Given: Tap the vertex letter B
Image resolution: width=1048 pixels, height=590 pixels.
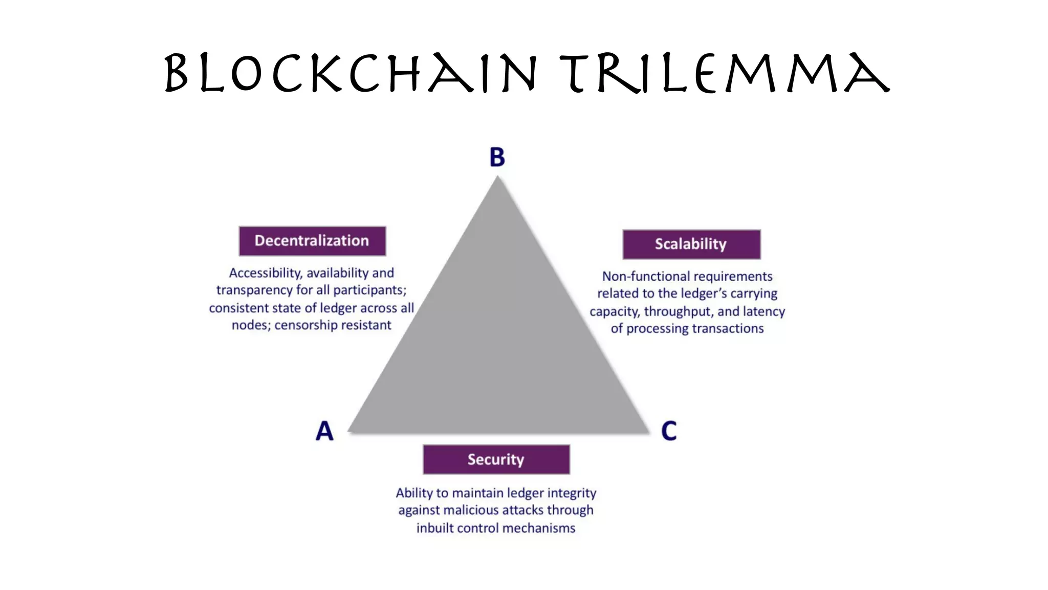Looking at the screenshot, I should coord(497,157).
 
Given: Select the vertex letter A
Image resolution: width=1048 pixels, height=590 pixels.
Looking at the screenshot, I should coord(324,431).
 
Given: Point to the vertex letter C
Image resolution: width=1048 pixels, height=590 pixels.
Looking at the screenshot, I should coord(669,431).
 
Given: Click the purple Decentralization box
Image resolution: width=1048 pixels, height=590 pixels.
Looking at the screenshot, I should coord(312,241).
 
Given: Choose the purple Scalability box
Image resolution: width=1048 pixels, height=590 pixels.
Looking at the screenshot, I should coord(691,244).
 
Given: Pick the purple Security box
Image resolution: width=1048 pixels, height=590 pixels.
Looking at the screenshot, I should coord(496,459).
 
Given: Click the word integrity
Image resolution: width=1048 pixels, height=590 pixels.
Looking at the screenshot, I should coord(572,493).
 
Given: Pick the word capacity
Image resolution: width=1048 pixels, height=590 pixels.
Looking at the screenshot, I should coord(614,311).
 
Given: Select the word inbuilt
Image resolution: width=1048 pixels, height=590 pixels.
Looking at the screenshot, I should coord(434,528).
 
